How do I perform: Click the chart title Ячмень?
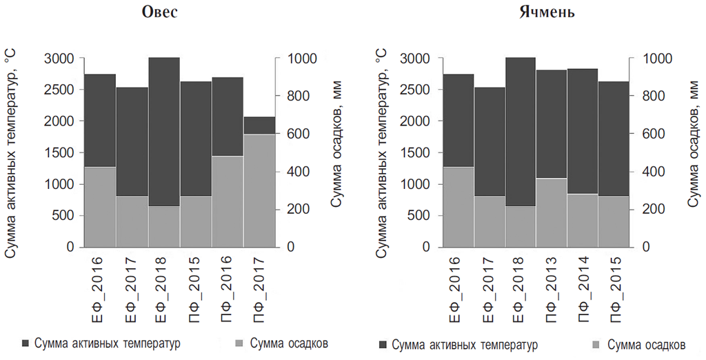coord(548,12)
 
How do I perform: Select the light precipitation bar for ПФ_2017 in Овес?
coord(259,190)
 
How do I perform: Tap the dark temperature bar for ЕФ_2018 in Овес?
coord(163,131)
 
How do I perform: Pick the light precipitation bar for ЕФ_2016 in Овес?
coord(99,206)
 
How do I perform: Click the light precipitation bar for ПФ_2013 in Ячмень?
coord(551,212)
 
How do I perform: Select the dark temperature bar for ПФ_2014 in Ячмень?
coord(583,131)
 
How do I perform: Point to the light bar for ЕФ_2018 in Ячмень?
coord(519,226)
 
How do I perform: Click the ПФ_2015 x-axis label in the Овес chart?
coord(196,287)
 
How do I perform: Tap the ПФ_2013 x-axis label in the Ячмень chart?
coord(552,287)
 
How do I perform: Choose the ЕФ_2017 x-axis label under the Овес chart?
coord(132,287)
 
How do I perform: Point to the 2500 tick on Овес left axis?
coord(60,90)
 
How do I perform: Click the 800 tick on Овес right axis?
coord(286,96)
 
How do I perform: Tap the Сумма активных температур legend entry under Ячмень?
coord(464,344)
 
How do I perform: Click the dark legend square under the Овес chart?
coord(26,343)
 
